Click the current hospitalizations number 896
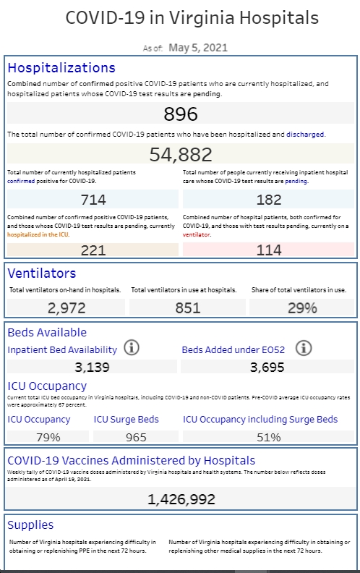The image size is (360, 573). pos(181,114)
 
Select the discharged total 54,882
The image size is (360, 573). pos(181,154)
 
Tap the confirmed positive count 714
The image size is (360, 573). pos(93,200)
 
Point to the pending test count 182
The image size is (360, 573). pos(269,200)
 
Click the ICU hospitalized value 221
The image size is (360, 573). pos(93,250)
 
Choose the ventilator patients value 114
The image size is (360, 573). pos(269,250)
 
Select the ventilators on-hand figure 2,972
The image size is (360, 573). pos(67,308)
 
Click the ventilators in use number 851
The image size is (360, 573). pos(188,308)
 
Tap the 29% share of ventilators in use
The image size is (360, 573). pos(302,308)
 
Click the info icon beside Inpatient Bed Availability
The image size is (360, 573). pos(132,347)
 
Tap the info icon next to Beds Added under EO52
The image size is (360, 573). pos(304,348)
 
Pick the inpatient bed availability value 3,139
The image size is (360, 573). pos(92,367)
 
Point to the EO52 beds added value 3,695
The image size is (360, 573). pos(267,367)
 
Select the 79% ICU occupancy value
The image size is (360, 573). pos(48,437)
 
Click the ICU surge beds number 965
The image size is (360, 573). pos(136,437)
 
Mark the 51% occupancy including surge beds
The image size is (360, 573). pos(269,437)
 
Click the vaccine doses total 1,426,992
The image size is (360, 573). pos(181,499)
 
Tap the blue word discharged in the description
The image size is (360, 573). pos(305,134)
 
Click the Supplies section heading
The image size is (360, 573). pos(30,525)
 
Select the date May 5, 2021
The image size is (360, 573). pos(198,48)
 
